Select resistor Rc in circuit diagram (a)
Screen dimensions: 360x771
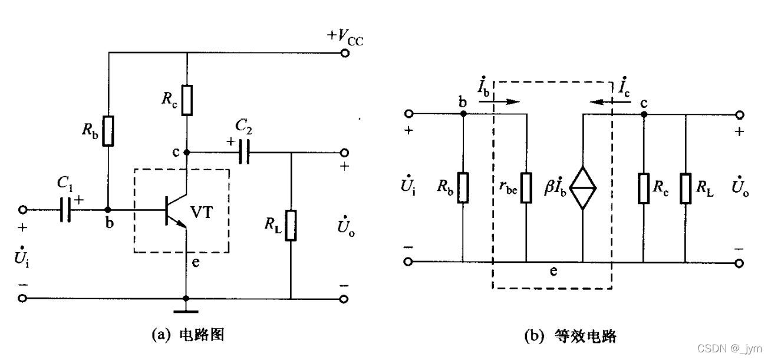click(187, 100)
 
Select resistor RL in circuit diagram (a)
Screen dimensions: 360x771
click(291, 225)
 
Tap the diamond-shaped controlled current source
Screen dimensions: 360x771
click(582, 188)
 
